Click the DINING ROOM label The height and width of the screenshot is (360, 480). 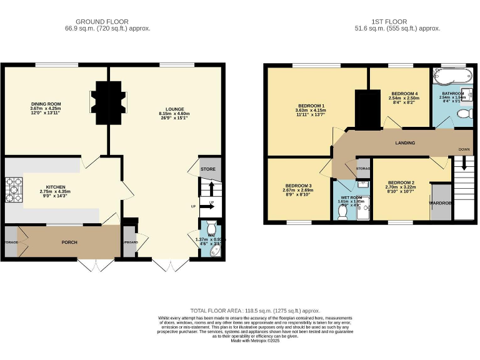click(x=45, y=104)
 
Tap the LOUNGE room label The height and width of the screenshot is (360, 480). click(x=166, y=109)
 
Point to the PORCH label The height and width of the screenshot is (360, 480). click(x=69, y=242)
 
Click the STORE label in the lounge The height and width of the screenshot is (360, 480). click(x=207, y=169)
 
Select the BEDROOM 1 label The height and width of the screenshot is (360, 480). click(x=311, y=106)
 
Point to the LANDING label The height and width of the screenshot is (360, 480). click(x=405, y=143)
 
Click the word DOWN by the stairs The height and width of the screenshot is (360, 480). click(x=464, y=149)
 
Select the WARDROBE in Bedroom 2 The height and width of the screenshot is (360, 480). click(x=441, y=202)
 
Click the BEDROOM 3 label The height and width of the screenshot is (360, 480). click(x=298, y=186)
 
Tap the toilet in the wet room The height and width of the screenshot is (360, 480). click(x=342, y=212)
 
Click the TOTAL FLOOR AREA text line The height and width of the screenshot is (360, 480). click(x=255, y=311)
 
